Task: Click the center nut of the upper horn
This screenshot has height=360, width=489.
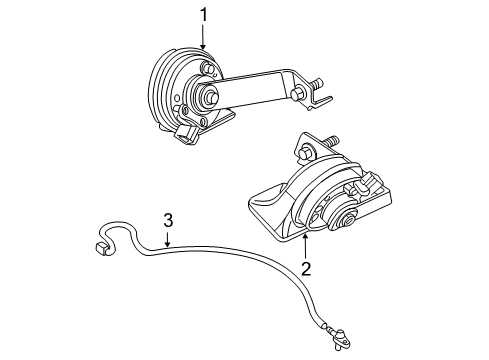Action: click(213, 97)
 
